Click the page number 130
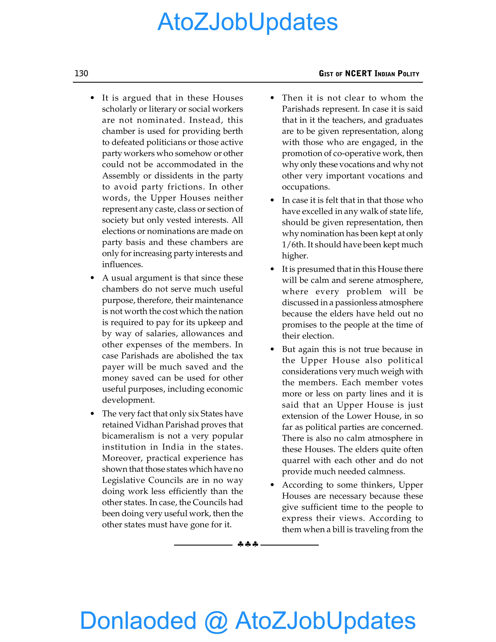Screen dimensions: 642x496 (x=81, y=73)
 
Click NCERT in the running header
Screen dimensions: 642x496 (x=358, y=73)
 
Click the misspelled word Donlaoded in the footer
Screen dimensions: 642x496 (x=138, y=620)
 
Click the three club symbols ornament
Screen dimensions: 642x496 (x=248, y=544)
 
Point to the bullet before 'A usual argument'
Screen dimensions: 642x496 (x=92, y=278)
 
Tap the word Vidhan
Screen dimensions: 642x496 (x=149, y=425)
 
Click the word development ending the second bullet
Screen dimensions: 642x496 (x=128, y=400)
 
